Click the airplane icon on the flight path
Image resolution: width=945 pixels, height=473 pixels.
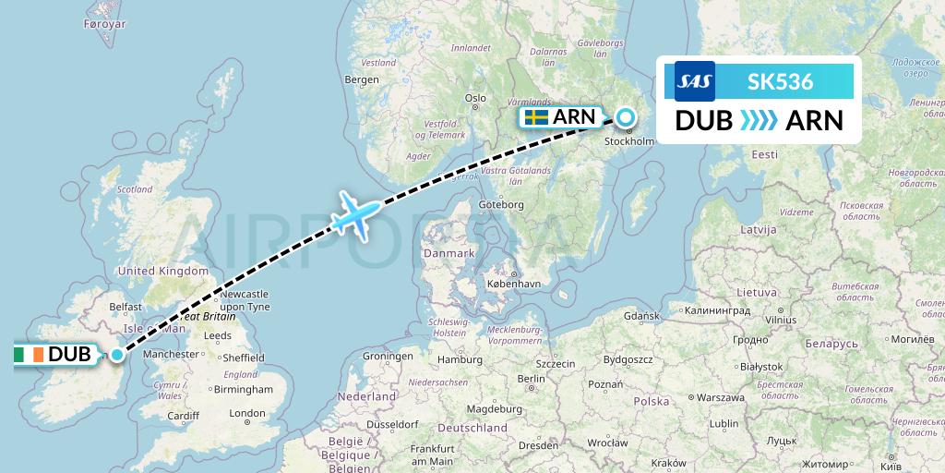tap(353, 216)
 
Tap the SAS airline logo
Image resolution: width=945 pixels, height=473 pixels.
tap(695, 81)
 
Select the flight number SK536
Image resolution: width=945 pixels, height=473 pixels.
tap(780, 81)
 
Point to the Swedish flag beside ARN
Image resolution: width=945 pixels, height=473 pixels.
tap(536, 117)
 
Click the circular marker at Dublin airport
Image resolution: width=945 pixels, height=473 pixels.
tap(117, 354)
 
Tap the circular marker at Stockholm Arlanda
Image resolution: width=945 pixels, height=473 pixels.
tap(626, 117)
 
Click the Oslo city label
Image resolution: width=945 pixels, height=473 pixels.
tap(475, 97)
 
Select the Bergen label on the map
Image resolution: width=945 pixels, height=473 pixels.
tap(361, 79)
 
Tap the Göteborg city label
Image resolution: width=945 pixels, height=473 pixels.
tap(503, 204)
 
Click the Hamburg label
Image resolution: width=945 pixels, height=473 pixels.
tap(455, 359)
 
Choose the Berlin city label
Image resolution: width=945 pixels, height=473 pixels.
tap(531, 379)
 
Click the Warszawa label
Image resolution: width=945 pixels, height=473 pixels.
tap(719, 397)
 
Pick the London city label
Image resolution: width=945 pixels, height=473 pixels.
tap(246, 414)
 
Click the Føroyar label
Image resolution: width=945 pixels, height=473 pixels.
tap(103, 24)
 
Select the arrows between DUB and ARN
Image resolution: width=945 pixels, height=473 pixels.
tap(759, 121)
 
